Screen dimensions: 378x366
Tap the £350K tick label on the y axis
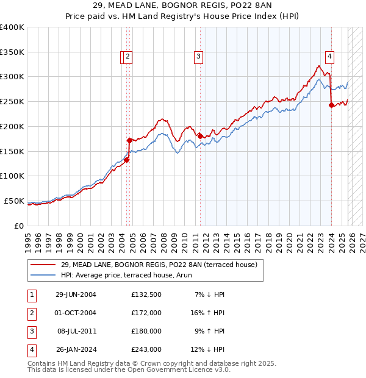(12, 52)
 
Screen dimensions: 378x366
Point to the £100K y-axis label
(12, 176)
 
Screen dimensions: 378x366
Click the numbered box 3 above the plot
(199, 57)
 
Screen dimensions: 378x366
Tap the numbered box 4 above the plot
(329, 57)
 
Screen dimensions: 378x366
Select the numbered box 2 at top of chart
(127, 57)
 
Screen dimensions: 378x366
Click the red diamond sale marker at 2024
(331, 105)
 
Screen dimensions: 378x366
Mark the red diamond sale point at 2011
(200, 135)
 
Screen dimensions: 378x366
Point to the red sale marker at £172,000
(129, 140)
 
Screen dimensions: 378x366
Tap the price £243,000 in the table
(146, 349)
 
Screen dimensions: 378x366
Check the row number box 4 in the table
(30, 349)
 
